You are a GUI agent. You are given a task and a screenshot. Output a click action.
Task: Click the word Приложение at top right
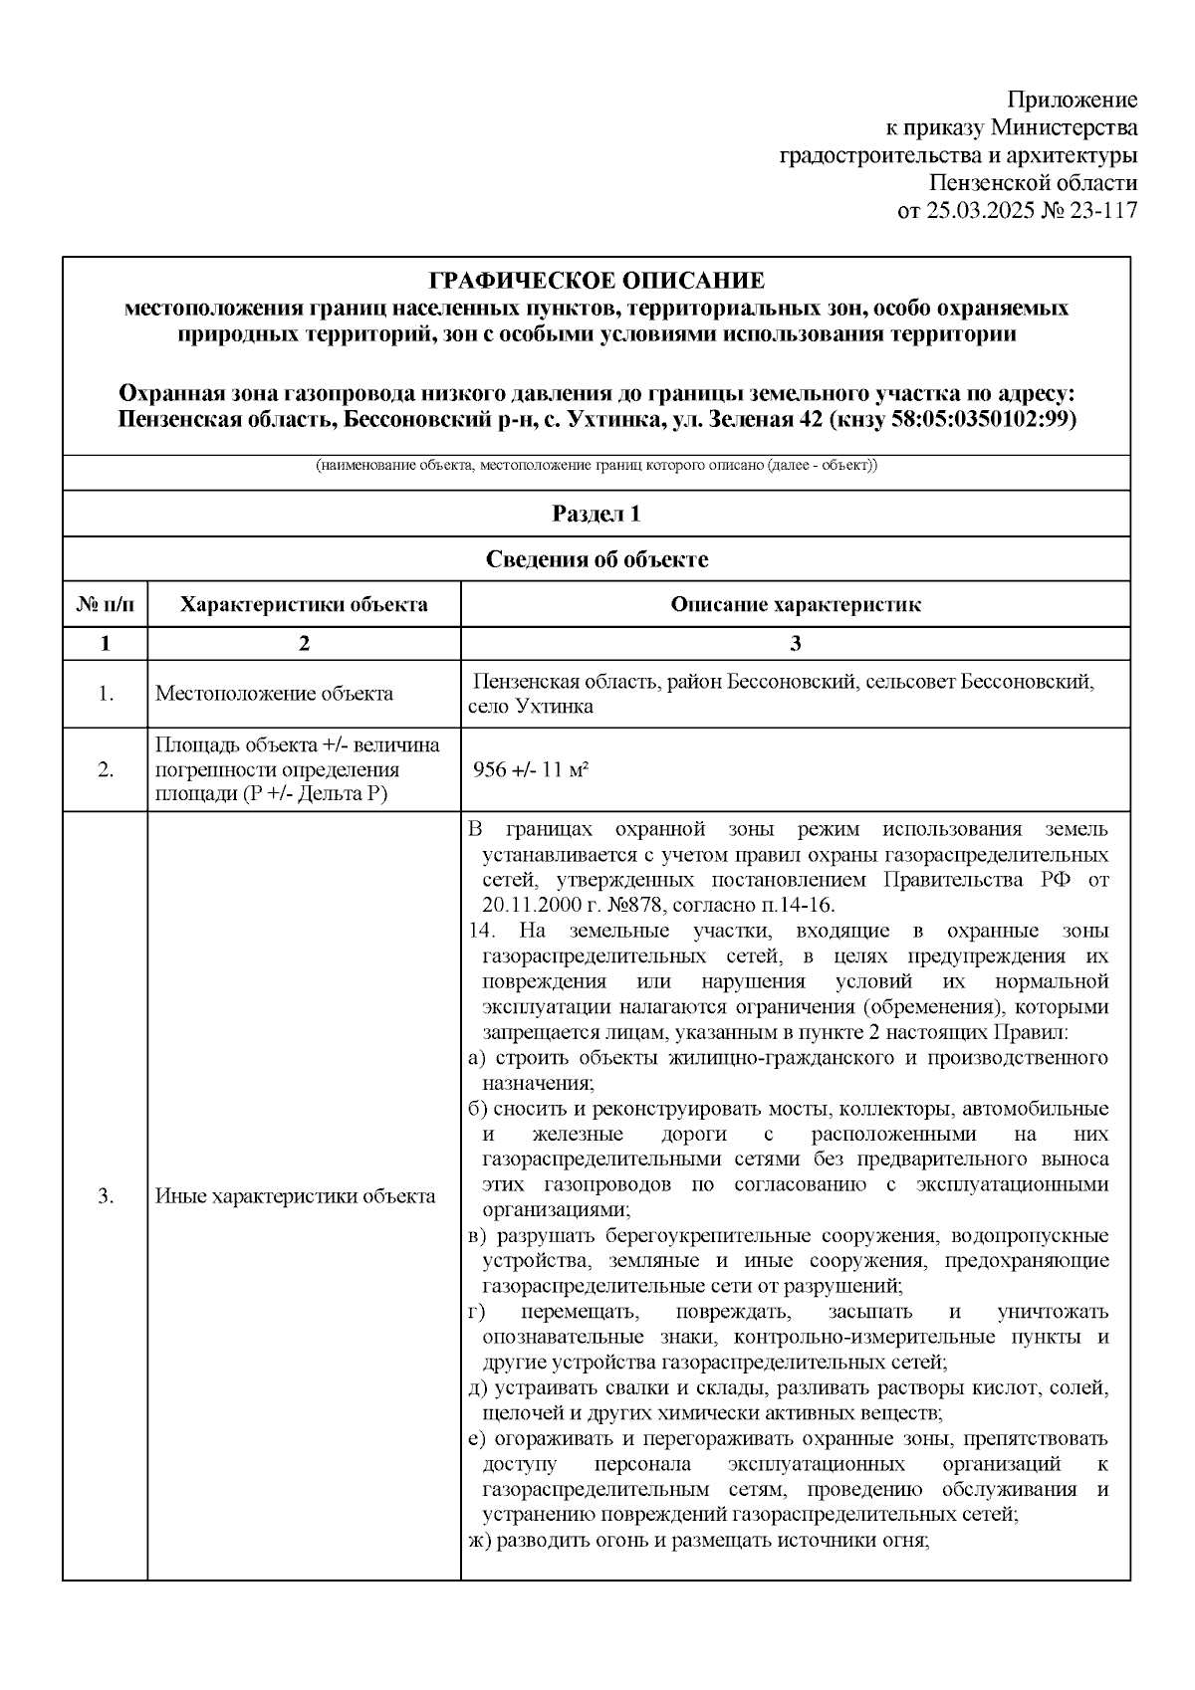pyautogui.click(x=1072, y=100)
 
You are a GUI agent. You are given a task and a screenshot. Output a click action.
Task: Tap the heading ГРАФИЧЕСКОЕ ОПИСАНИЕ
pyautogui.click(x=597, y=281)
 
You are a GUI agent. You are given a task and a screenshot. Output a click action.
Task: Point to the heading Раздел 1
pyautogui.click(x=597, y=514)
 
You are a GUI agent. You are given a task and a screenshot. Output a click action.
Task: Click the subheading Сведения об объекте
pyautogui.click(x=597, y=559)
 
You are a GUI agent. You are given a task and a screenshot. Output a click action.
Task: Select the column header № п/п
pyautogui.click(x=105, y=604)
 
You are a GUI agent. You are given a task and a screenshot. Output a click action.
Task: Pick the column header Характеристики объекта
pyautogui.click(x=304, y=604)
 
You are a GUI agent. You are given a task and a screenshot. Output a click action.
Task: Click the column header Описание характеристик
pyautogui.click(x=795, y=604)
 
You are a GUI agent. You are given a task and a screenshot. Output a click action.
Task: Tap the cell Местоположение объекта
pyautogui.click(x=274, y=694)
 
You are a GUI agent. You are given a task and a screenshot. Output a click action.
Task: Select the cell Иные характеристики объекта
pyautogui.click(x=295, y=1196)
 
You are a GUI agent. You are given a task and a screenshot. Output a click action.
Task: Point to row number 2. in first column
pyautogui.click(x=106, y=769)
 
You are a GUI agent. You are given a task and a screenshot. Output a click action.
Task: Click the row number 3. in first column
pyautogui.click(x=106, y=1196)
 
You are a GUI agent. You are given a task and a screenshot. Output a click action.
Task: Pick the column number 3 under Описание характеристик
pyautogui.click(x=795, y=643)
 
